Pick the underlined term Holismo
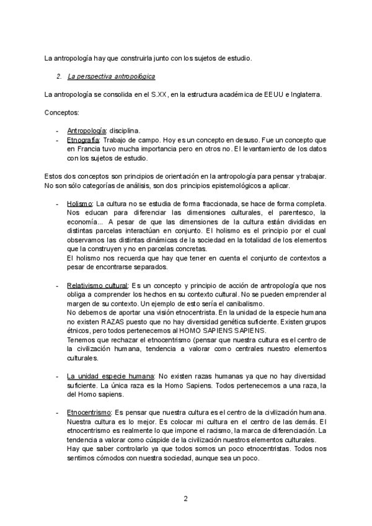[79, 203]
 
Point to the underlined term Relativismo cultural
[97, 285]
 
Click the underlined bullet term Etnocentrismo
[89, 412]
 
